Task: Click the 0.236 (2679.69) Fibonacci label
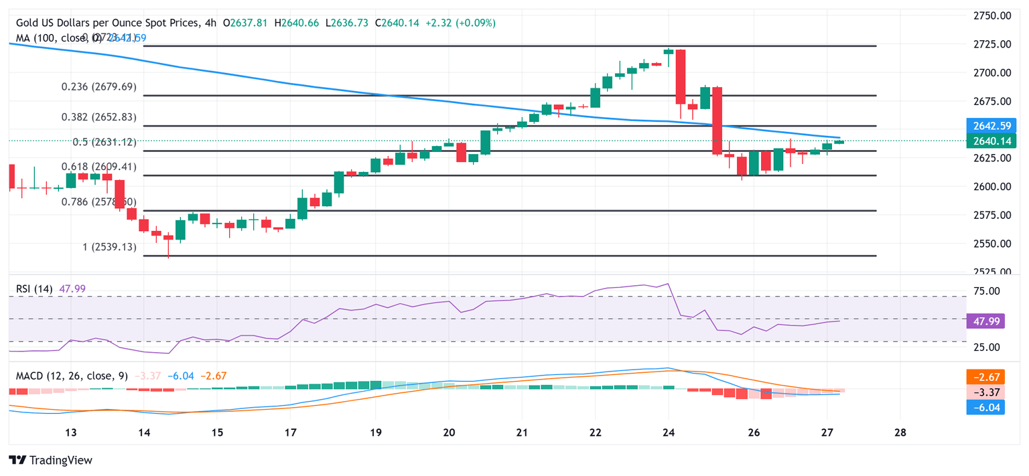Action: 98,86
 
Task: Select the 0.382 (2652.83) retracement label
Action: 98,116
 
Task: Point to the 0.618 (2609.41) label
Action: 98,167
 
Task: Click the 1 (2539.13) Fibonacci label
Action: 109,247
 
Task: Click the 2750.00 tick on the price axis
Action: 993,15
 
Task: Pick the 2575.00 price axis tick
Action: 993,215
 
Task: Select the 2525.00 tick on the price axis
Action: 993,272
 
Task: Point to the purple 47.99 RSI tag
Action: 985,321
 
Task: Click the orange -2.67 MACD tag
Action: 985,377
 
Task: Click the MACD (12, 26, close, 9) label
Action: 70,376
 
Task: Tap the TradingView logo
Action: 51,460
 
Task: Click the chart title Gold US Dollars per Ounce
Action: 107,23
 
